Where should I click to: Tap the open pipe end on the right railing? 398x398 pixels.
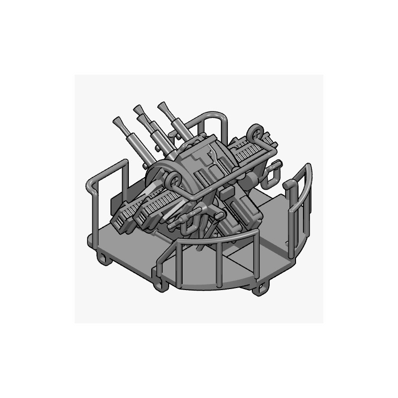(287, 185)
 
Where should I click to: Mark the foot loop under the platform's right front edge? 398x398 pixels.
(260, 286)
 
